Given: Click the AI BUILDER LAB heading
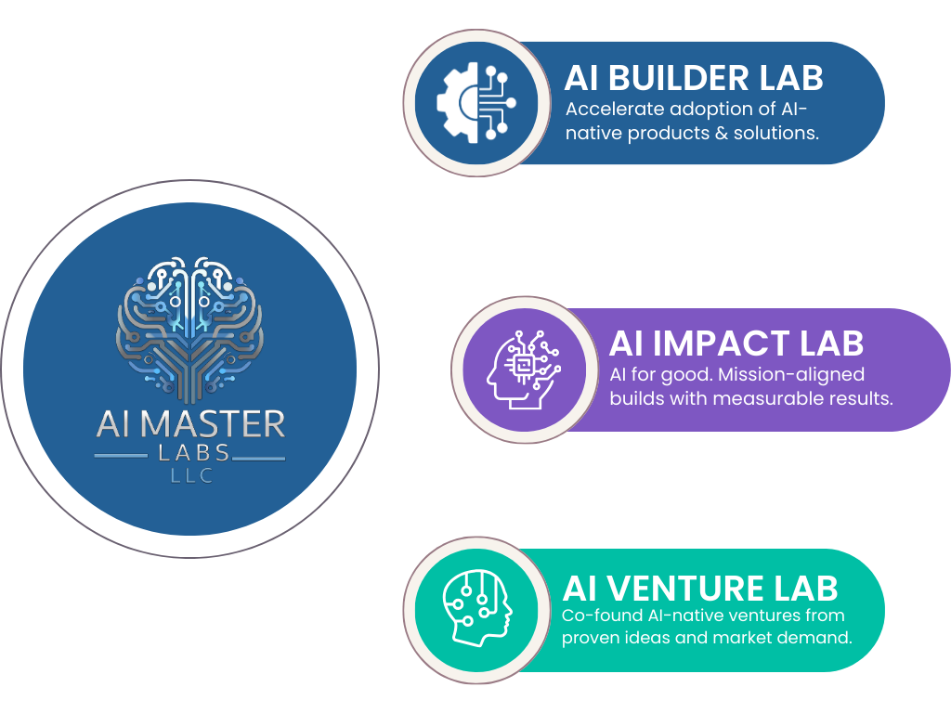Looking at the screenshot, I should coord(694,78).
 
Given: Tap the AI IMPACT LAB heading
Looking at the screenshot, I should coord(736,344).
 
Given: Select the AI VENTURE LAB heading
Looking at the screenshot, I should coord(700,588).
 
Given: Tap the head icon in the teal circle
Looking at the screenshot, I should coord(477,609).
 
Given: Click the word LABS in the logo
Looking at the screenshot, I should coord(190,454).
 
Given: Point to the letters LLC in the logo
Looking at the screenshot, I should coord(190,476).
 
